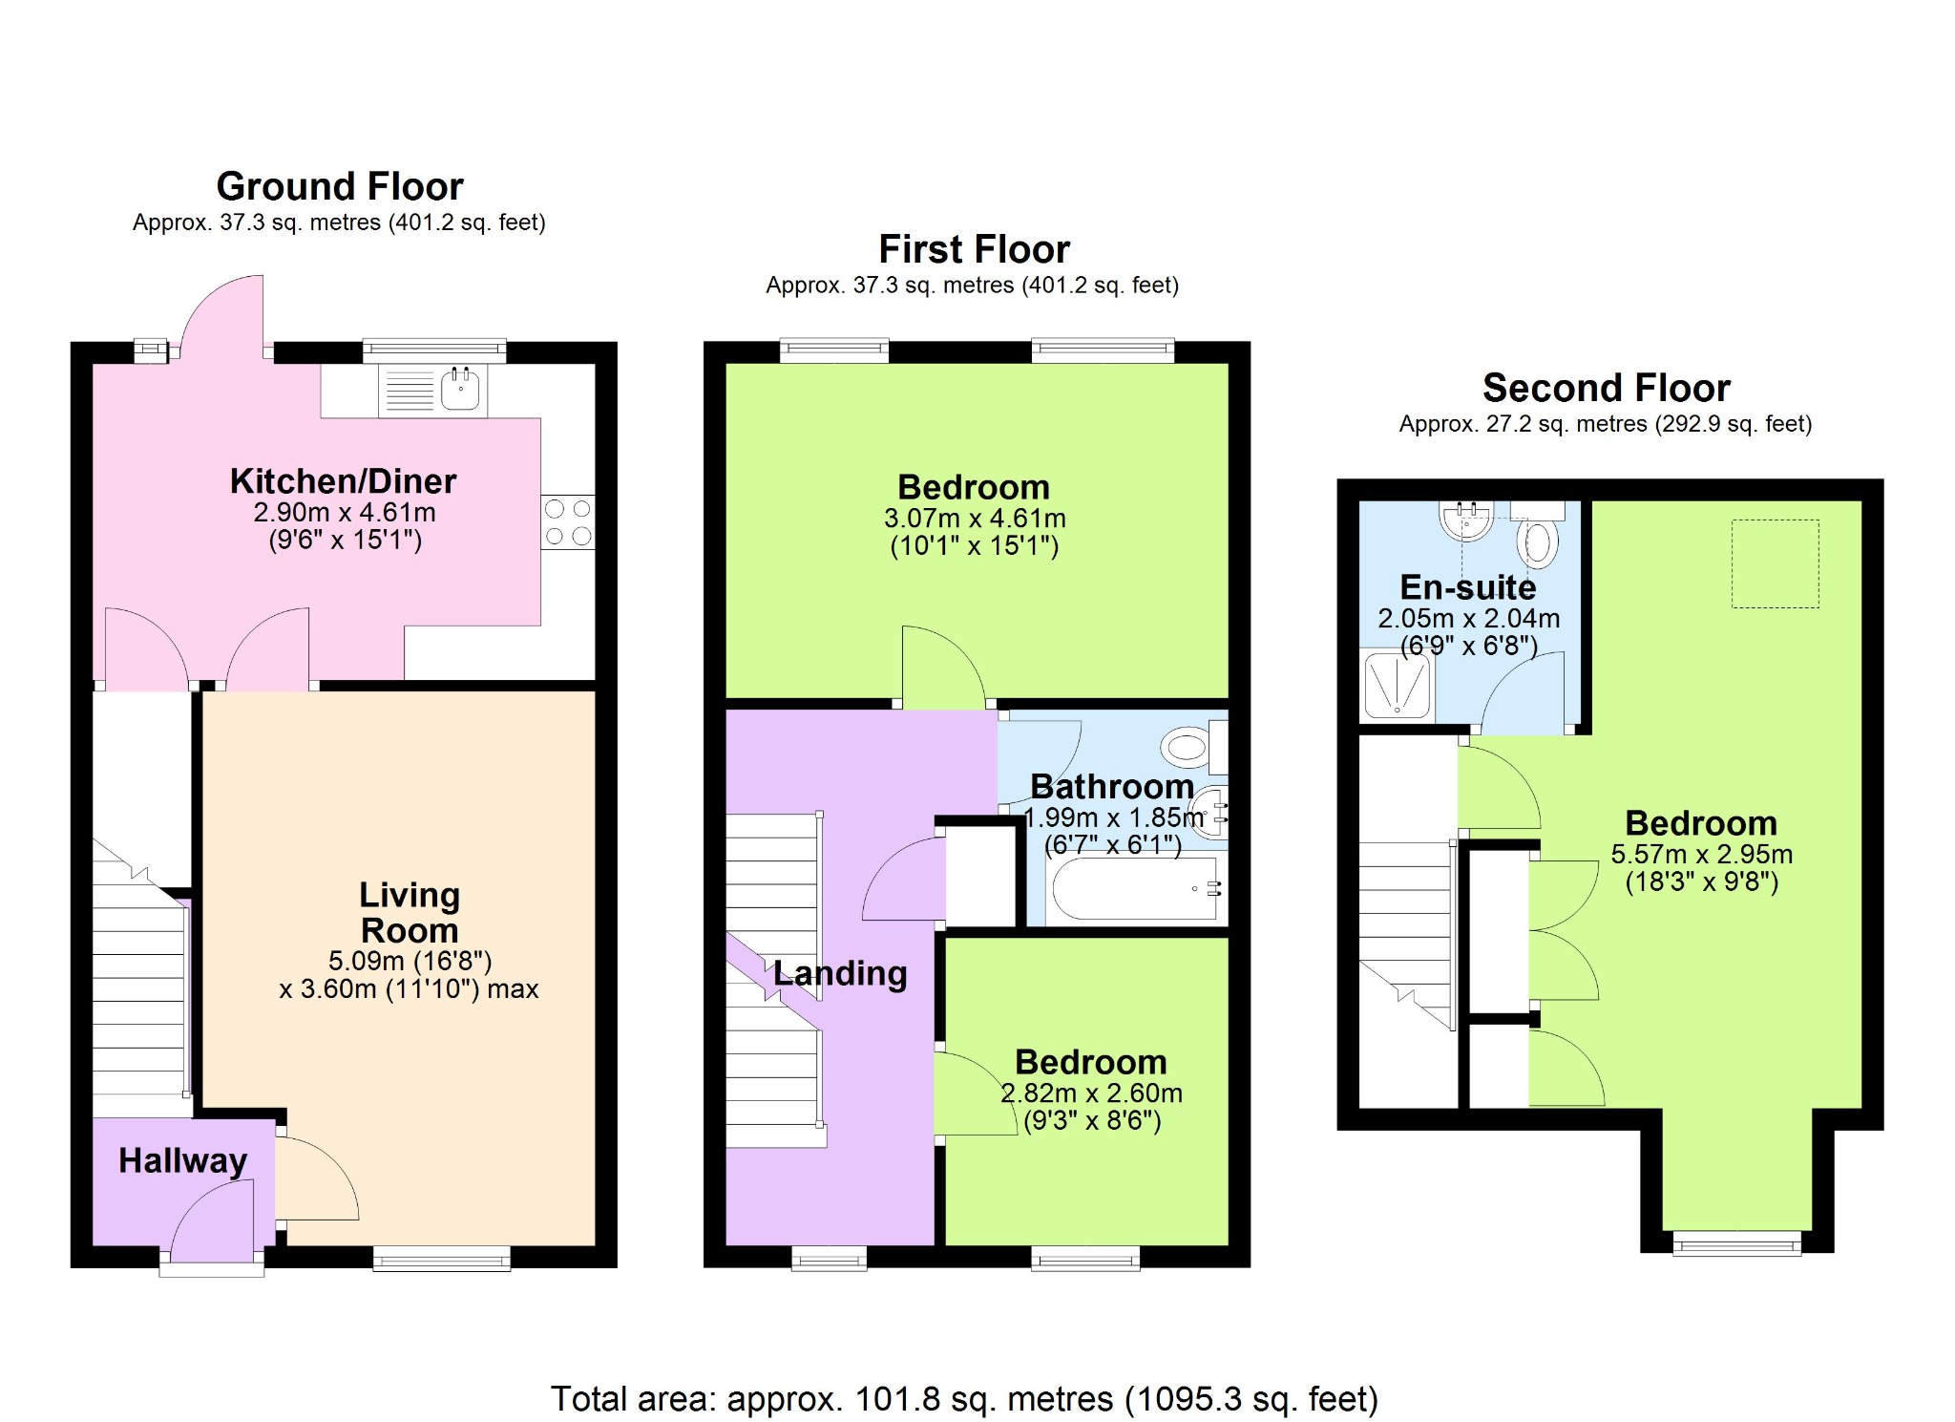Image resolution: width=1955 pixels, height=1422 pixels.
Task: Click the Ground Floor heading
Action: [x=340, y=186]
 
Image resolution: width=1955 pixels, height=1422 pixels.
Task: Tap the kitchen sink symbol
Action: [x=433, y=391]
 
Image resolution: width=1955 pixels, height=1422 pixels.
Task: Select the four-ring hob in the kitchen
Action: [x=568, y=522]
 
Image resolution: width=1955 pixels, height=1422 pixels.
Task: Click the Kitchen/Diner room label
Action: [x=344, y=481]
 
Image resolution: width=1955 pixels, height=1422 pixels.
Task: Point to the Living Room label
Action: [x=410, y=913]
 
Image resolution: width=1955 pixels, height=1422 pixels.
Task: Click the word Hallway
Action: [x=183, y=1160]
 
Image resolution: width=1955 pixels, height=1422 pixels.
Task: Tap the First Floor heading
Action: [x=974, y=249]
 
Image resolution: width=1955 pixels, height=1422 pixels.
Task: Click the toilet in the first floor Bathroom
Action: [x=1195, y=747]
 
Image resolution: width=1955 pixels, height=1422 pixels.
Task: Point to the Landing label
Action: [x=840, y=974]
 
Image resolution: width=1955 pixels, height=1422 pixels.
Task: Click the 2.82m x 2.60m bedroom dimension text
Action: [x=1091, y=1093]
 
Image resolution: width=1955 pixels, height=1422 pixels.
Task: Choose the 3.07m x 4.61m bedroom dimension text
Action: [x=975, y=519]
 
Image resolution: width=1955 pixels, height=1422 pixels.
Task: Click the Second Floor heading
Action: [x=1606, y=388]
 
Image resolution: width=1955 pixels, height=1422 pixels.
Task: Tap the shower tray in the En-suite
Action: [x=1398, y=685]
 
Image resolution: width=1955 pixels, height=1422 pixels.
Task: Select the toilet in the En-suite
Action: [x=1537, y=534]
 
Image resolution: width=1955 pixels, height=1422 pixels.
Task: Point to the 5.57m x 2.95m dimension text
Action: [x=1702, y=855]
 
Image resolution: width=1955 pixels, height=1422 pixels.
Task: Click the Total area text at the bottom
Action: [x=964, y=1399]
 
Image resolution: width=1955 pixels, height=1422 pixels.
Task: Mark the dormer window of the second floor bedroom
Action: [x=1736, y=1242]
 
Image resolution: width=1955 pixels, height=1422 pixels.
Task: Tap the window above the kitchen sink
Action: [x=434, y=351]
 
